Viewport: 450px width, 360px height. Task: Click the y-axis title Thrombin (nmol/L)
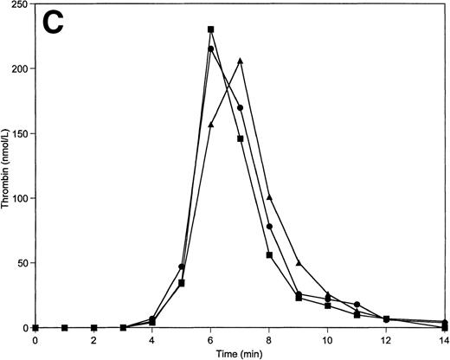tap(7, 164)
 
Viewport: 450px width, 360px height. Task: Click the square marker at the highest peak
tap(210, 29)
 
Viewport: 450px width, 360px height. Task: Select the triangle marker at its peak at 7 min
tap(240, 61)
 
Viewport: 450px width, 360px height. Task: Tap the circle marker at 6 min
tap(210, 48)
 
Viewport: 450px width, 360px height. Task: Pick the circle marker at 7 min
tap(240, 107)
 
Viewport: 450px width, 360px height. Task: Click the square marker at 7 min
tap(240, 138)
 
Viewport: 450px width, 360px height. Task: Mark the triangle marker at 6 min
tap(210, 125)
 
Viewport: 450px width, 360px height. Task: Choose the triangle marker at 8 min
tap(269, 197)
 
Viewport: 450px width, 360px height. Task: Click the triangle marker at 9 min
tap(299, 262)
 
